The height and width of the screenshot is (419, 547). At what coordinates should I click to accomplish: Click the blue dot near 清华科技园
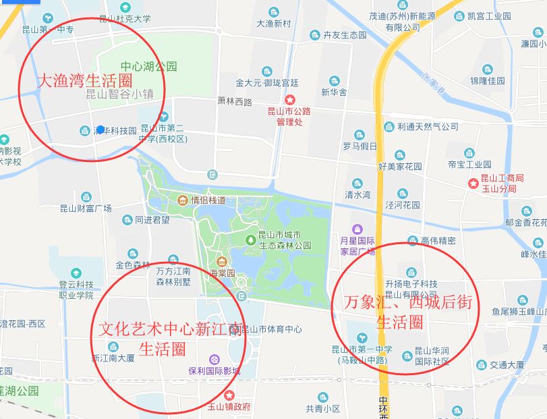[100, 129]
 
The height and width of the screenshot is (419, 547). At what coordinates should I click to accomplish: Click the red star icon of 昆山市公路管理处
[289, 99]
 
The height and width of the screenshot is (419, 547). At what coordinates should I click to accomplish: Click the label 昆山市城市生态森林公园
[284, 240]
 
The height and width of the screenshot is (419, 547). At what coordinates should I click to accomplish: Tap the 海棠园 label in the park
[221, 273]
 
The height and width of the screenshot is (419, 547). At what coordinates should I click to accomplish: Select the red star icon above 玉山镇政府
[229, 395]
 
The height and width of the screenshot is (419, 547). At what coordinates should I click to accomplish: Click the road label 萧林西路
[234, 102]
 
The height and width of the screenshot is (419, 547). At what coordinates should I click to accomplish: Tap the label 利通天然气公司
[428, 126]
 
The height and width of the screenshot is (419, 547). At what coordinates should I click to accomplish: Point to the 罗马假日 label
[359, 146]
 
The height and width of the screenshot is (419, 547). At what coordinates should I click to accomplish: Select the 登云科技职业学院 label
[76, 289]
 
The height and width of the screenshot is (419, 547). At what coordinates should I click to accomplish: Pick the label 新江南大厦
[113, 358]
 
